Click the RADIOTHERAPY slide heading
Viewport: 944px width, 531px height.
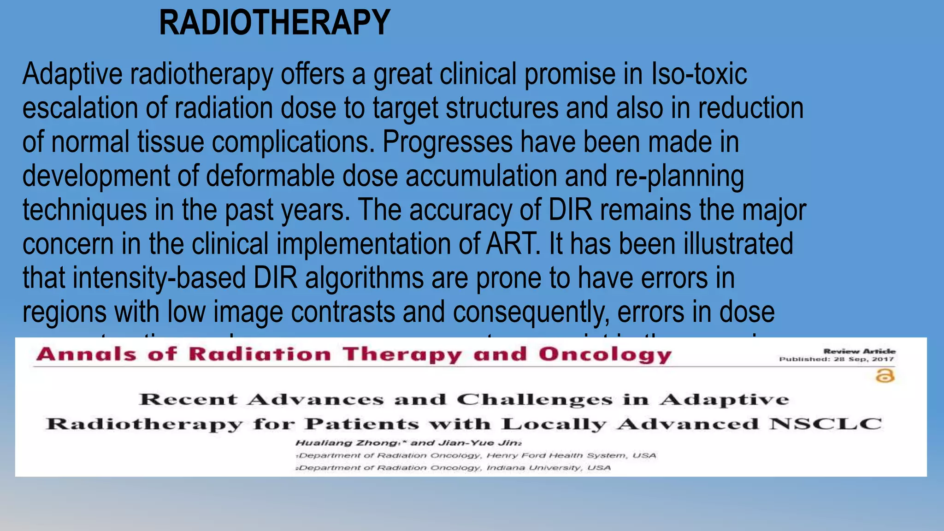point(274,23)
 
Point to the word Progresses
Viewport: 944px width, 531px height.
point(447,142)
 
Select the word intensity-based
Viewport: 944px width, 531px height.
point(159,278)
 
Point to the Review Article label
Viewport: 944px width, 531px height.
point(859,351)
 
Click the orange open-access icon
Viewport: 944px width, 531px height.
point(885,376)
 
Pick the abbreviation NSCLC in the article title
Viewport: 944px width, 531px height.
point(825,424)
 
